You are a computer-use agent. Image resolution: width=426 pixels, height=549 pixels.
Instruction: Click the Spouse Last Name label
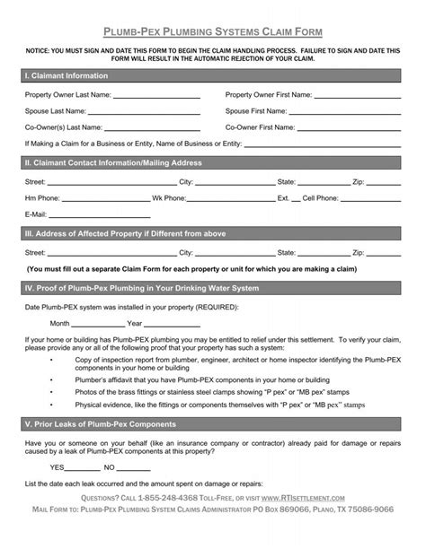[56, 111]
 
